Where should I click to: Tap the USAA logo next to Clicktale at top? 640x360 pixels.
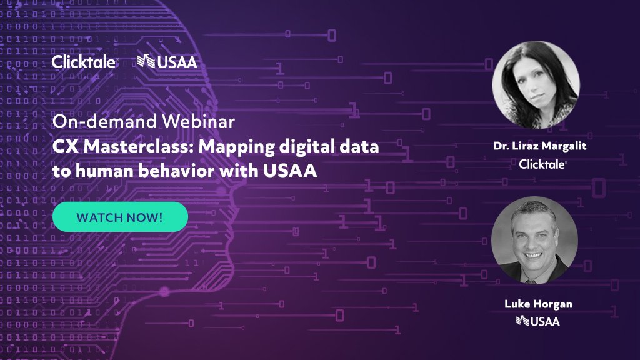pos(167,61)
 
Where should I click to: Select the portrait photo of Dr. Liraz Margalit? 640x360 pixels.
pos(536,84)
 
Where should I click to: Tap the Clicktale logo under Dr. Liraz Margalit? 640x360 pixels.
pos(542,164)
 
